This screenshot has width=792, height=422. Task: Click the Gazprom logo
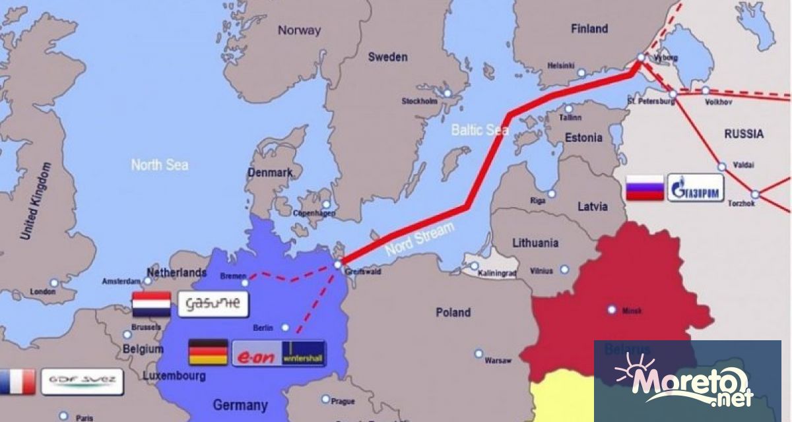tap(696, 189)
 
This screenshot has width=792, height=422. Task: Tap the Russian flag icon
tap(643, 189)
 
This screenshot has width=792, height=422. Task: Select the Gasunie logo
tap(213, 304)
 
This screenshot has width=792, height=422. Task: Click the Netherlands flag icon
tap(151, 304)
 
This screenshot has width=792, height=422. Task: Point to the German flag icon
tap(208, 353)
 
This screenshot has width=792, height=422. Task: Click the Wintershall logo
tap(303, 353)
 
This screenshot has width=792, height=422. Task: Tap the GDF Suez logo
tap(82, 380)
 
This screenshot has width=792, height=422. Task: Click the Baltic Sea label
tap(479, 130)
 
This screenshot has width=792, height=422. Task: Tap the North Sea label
tap(159, 164)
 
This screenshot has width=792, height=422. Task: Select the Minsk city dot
tap(612, 309)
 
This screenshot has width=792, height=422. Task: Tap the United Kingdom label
tap(36, 201)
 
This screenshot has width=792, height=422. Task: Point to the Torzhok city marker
tap(755, 194)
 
